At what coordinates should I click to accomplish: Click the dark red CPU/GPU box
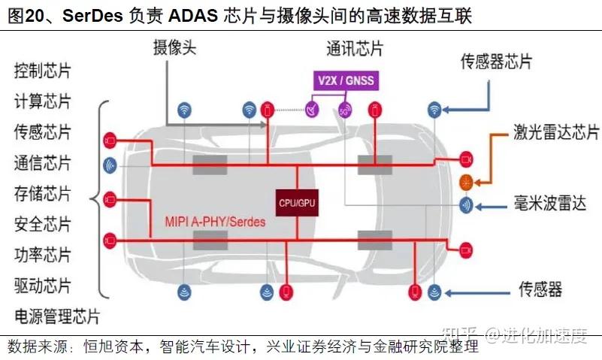[298, 201]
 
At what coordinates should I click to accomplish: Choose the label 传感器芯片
[498, 62]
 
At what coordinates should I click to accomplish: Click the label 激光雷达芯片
[556, 132]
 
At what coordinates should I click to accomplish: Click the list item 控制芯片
[42, 71]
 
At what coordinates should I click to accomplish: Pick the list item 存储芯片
[42, 194]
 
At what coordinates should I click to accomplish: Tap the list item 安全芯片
[42, 224]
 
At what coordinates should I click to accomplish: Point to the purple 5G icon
[345, 109]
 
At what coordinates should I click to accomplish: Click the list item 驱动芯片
[42, 286]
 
